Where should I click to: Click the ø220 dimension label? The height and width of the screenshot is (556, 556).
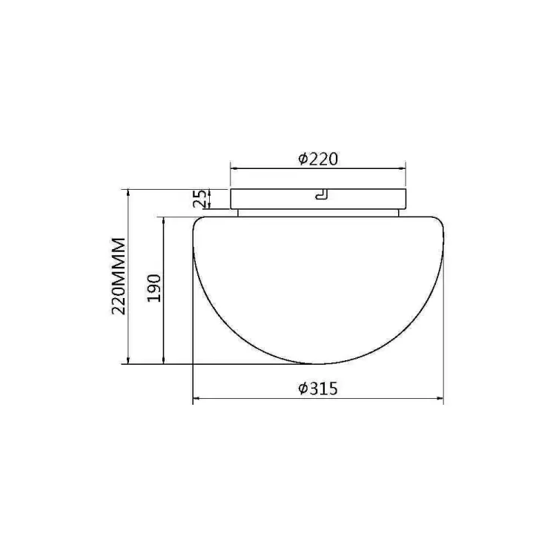(318, 159)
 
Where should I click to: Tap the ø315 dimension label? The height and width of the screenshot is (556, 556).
(318, 388)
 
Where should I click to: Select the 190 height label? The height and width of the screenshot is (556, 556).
(154, 288)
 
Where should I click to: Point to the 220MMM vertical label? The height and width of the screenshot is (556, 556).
(119, 277)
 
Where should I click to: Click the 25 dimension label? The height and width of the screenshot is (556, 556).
(199, 199)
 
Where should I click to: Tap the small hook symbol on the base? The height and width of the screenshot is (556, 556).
(321, 195)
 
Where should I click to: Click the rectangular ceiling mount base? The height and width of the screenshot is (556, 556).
(318, 199)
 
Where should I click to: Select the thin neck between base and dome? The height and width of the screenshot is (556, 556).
(318, 213)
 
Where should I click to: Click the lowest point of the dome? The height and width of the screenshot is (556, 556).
(312, 364)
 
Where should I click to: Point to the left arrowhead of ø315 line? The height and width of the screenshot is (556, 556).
(196, 399)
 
